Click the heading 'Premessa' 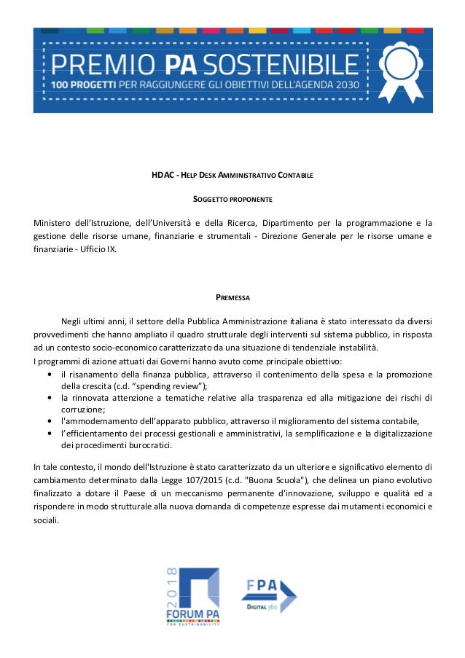[232, 297]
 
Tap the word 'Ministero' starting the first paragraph [55, 222]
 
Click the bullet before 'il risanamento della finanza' [48, 374]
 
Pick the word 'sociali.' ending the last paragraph [48, 521]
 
